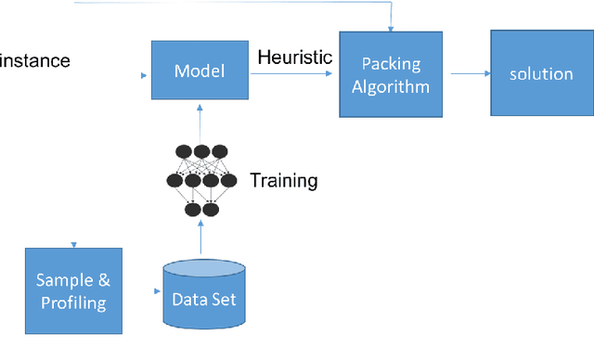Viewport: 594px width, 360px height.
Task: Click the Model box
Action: [x=200, y=71]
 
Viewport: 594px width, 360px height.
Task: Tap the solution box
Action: [x=541, y=73]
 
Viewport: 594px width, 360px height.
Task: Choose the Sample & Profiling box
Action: [x=73, y=290]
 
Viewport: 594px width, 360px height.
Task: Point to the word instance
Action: [x=35, y=62]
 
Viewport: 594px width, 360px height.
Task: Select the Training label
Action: [x=283, y=180]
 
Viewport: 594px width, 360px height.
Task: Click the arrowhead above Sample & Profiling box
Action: [x=73, y=245]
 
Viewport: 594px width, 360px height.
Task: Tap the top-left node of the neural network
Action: [x=183, y=151]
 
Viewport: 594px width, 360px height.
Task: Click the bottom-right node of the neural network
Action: [x=211, y=210]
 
